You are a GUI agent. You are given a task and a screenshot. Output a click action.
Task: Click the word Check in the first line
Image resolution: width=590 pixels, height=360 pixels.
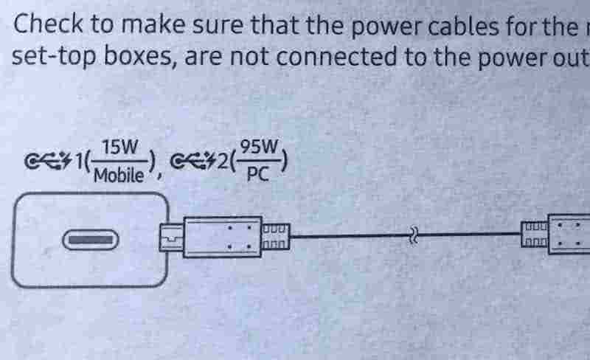tap(48, 24)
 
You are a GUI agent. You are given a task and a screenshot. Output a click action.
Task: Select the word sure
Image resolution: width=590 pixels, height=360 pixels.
tap(218, 25)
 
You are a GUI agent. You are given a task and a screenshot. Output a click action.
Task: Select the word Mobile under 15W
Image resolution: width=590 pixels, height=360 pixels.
tap(119, 175)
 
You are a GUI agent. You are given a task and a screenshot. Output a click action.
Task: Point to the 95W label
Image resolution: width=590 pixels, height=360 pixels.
tap(260, 147)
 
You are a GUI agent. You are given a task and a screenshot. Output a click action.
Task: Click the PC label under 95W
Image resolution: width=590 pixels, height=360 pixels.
tap(258, 174)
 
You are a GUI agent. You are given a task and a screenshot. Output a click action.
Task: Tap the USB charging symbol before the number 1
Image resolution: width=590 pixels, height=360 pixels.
tap(48, 162)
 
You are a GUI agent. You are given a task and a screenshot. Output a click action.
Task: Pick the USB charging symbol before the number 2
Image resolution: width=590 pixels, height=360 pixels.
tap(193, 162)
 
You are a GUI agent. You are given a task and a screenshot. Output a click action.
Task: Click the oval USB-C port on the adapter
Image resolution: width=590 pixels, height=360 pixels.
tap(90, 240)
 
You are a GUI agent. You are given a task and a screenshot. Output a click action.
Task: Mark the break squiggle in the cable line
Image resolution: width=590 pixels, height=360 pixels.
tap(413, 236)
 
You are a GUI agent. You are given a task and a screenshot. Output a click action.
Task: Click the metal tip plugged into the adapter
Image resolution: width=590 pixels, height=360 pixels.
tap(172, 238)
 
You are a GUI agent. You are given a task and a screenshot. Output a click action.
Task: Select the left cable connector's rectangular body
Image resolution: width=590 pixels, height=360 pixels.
tap(223, 237)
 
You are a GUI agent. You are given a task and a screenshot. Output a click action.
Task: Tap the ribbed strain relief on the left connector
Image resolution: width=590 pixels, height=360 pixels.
tap(276, 237)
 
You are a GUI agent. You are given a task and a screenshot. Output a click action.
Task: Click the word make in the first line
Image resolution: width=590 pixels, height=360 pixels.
tap(153, 24)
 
